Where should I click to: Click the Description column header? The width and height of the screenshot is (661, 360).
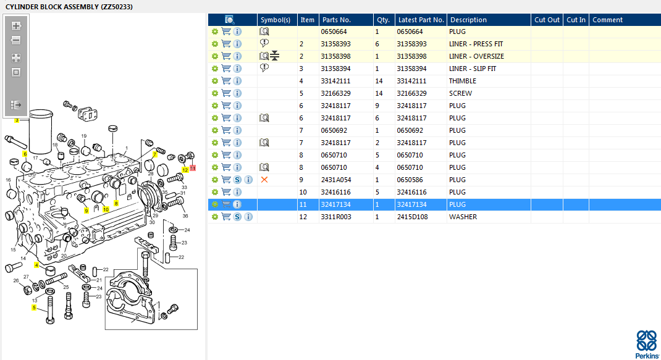coord(468,20)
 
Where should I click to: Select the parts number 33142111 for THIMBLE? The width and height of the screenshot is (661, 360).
coord(335,81)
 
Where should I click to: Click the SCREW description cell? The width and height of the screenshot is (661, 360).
coord(460,93)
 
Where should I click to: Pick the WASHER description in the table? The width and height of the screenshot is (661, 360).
coord(463,217)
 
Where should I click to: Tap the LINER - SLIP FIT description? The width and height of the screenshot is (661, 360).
coord(473,69)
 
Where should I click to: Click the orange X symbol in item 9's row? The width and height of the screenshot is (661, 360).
coord(264,180)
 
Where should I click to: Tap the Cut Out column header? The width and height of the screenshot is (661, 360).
coord(547,20)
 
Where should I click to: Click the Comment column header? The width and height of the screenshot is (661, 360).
coord(607,20)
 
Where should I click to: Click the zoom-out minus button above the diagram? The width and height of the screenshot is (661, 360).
coord(16,41)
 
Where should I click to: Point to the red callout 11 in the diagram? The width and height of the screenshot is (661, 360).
coord(193,168)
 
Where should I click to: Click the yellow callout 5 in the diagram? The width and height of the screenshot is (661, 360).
coord(34,308)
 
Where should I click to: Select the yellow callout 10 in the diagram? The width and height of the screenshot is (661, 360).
coord(106,209)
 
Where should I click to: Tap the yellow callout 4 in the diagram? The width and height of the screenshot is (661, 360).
coord(36,265)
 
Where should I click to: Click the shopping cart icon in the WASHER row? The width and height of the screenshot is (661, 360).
coord(226,217)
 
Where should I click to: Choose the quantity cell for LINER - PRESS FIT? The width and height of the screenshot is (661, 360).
coord(377,44)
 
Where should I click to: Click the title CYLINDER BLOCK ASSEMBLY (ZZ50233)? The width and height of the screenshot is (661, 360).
coord(69,7)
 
